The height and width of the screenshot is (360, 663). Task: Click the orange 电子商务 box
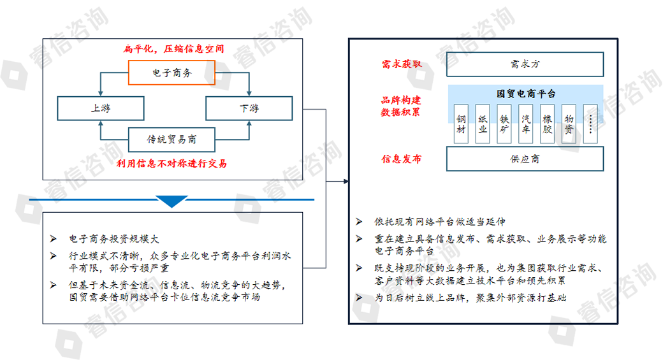pyautogui.click(x=171, y=73)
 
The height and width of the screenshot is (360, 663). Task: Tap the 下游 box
pyautogui.click(x=249, y=108)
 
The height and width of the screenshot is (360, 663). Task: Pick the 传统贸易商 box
pyautogui.click(x=171, y=139)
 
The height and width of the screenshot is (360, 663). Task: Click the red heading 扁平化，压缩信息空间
pyautogui.click(x=173, y=48)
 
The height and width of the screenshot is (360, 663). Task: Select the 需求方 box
pyautogui.click(x=525, y=64)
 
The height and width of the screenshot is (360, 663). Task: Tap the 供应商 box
pyautogui.click(x=525, y=159)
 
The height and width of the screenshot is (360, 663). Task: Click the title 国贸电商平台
pyautogui.click(x=525, y=94)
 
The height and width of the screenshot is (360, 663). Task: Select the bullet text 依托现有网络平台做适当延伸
pyautogui.click(x=439, y=222)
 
